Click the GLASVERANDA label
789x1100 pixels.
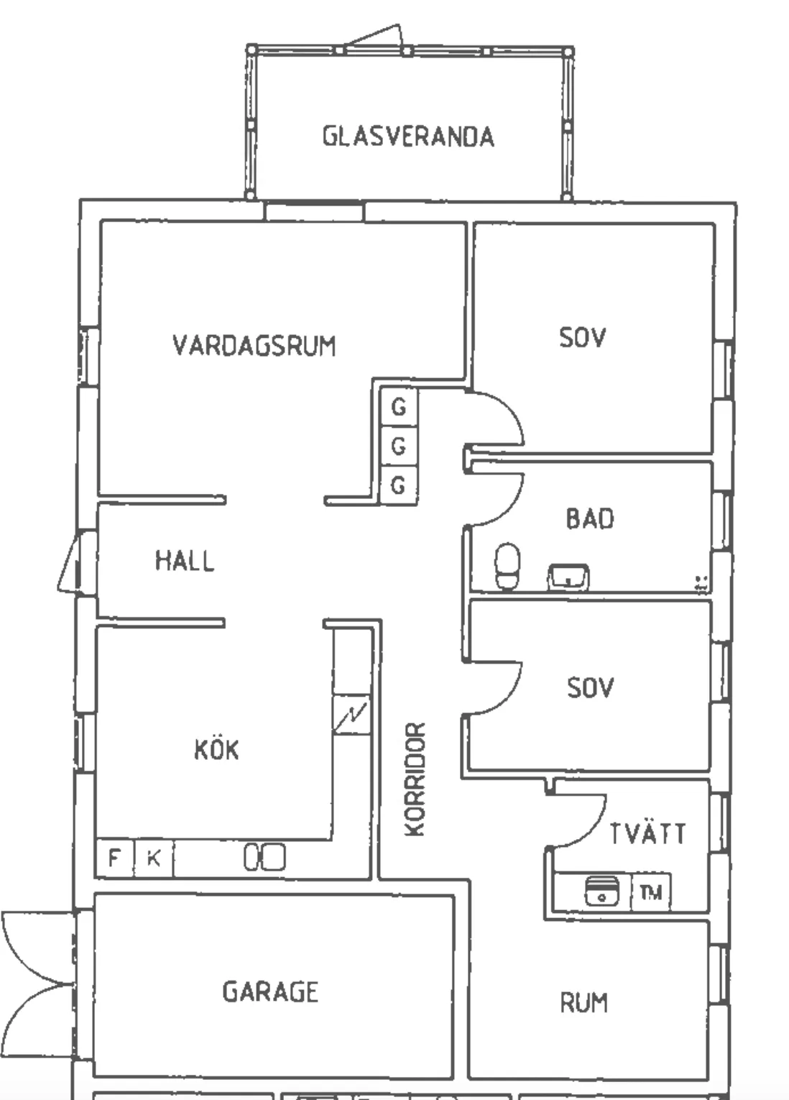[x=407, y=136]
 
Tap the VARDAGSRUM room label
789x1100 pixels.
[x=254, y=345]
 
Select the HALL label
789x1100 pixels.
[x=185, y=561]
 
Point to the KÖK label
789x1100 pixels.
[x=216, y=750]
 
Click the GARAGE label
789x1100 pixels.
[x=270, y=991]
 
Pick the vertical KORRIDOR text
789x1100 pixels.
[x=415, y=779]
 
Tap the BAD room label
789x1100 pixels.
[x=590, y=518]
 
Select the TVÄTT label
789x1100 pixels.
[x=647, y=834]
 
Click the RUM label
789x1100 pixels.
[x=583, y=1002]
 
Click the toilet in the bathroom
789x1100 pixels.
[x=508, y=567]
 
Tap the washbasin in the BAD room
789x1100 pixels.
[x=568, y=577]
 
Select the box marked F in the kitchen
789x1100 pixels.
[x=114, y=858]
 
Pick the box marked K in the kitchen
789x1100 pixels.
[x=153, y=858]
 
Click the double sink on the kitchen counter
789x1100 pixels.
[x=264, y=857]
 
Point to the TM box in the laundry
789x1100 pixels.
[x=650, y=893]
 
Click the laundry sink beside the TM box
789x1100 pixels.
[x=601, y=892]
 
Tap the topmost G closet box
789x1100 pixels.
[x=398, y=408]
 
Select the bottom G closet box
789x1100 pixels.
[x=398, y=485]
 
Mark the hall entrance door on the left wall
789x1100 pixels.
[x=72, y=563]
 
